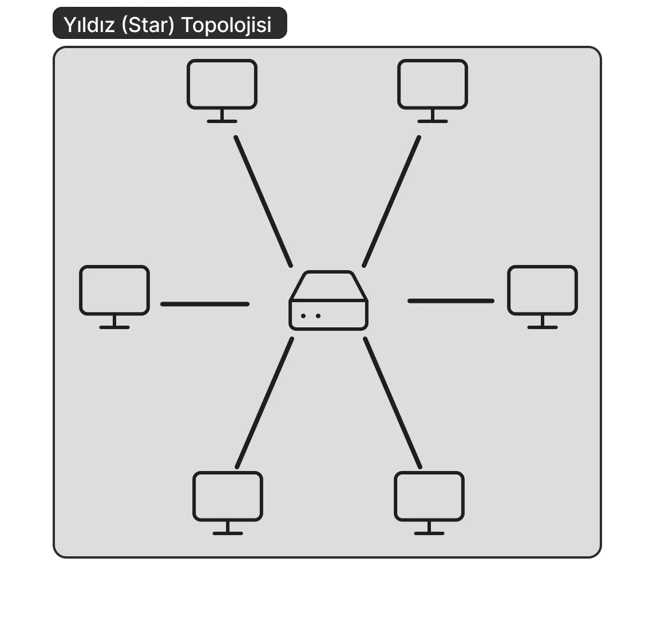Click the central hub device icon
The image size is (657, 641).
click(x=328, y=301)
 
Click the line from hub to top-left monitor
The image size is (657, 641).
click(x=263, y=201)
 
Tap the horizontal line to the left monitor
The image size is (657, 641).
click(x=205, y=304)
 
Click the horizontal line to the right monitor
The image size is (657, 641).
click(x=451, y=301)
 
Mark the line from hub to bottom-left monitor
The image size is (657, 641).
click(x=264, y=403)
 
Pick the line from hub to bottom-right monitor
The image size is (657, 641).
click(x=393, y=403)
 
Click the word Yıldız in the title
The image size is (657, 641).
click(x=89, y=25)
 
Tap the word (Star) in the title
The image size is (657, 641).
click(x=148, y=25)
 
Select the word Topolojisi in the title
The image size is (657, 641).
click(x=226, y=25)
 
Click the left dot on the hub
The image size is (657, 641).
click(x=303, y=316)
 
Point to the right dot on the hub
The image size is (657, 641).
click(x=318, y=316)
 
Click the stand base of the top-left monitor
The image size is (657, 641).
click(x=222, y=121)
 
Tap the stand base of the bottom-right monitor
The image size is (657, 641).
click(x=429, y=533)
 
